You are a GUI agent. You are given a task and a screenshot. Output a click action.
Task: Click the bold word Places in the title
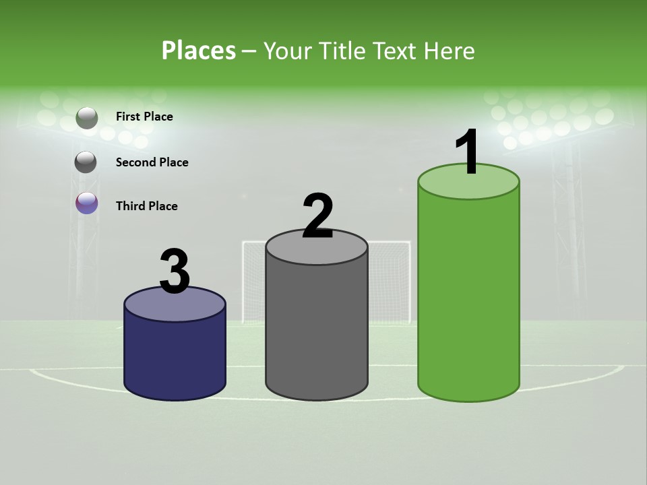point(198,51)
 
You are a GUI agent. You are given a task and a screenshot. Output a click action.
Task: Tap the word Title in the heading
point(340,51)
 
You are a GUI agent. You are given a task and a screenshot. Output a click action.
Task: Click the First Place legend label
point(144,117)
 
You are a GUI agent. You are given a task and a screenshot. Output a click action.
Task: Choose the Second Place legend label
point(152,162)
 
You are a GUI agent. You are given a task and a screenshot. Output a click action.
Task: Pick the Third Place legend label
point(146,206)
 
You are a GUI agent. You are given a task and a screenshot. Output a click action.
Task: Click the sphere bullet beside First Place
point(87,118)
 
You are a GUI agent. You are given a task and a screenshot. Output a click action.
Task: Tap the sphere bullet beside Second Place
point(86,162)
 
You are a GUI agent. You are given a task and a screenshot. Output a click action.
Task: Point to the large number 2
point(318,217)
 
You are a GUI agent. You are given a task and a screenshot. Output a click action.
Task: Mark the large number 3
point(175,272)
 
